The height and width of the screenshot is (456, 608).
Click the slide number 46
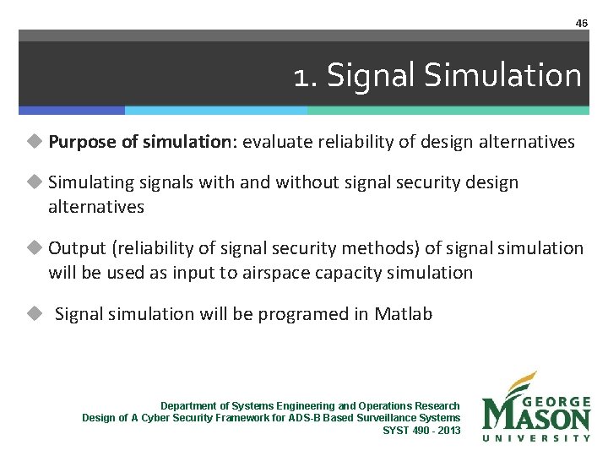[x=581, y=24]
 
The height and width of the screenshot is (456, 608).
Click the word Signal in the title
[x=372, y=76]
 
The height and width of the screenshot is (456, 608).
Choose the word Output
[x=77, y=248]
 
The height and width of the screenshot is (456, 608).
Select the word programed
[x=304, y=314]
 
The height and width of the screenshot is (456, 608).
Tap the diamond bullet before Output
[x=34, y=248]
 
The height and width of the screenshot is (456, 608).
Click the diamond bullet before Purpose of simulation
[x=34, y=142]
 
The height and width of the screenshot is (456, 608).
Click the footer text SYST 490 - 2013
[x=421, y=430]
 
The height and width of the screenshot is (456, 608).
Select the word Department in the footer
[x=187, y=406]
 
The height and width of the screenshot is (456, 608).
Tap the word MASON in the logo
[x=536, y=417]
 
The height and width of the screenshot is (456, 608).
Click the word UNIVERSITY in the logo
[x=536, y=438]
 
